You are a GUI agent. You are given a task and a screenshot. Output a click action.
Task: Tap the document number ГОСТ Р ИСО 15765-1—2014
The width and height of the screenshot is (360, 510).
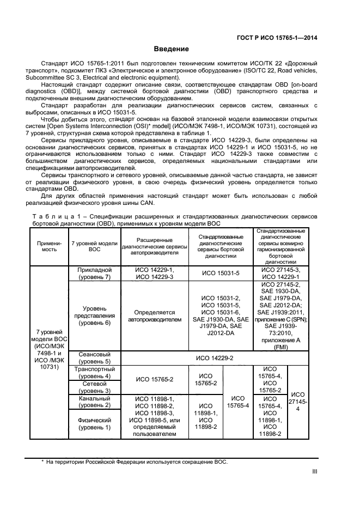pos(278,38)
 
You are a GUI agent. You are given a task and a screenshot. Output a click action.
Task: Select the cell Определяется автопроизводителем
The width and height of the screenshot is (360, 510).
pos(155,316)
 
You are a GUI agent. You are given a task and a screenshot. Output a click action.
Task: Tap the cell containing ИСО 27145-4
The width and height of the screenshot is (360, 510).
pos(297,402)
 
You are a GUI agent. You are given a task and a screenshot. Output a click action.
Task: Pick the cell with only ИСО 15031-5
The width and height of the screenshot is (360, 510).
pos(221,274)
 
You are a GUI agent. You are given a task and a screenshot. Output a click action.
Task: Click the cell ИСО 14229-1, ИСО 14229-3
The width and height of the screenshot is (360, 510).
pos(155,273)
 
